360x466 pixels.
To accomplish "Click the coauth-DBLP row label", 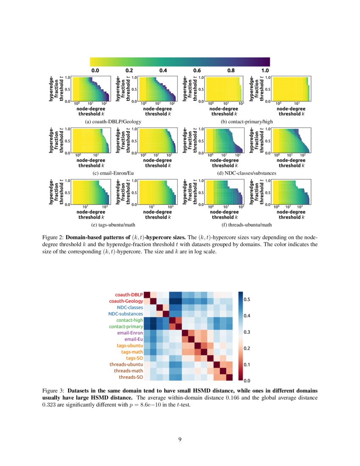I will pos(129,294).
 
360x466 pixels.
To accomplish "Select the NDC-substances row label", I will pos(125,314).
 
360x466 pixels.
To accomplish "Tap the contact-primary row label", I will pos(126,327).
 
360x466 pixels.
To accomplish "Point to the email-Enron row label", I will pos(129,333).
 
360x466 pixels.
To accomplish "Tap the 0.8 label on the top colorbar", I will pos(231,70).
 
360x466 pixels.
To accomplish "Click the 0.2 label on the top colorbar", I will pos(129,70).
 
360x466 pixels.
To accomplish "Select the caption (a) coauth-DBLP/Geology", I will pos(113,122).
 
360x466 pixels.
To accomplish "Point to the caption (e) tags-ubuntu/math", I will pos(113,225).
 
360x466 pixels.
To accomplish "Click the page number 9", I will pos(180,439).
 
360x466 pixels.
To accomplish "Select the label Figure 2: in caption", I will pos(54,237).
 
